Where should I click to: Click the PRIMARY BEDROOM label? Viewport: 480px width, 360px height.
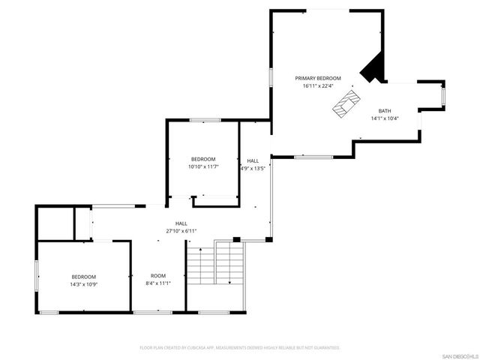coord(317,78)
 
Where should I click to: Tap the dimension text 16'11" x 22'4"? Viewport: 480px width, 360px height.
coord(317,85)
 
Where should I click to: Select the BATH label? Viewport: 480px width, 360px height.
coord(384,110)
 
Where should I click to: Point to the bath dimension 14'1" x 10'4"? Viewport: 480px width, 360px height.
coord(384,118)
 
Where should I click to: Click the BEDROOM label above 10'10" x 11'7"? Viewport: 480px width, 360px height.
coord(203,159)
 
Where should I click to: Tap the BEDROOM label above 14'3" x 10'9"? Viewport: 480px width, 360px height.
coord(83,276)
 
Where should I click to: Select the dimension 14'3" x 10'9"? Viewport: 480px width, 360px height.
coord(83,283)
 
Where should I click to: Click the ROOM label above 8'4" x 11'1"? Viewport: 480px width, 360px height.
coord(157,276)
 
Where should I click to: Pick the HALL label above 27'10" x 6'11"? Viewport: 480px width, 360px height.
coord(181,223)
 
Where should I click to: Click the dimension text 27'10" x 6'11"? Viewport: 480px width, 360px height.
coord(181,231)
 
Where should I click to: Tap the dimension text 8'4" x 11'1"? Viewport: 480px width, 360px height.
coord(157,283)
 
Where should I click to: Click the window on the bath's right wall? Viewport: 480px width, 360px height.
coord(443,95)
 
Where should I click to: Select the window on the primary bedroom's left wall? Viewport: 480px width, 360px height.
coord(271,77)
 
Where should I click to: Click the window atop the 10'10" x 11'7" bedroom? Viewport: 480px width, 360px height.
coord(204,120)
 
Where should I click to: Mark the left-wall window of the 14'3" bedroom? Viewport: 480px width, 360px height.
coord(37,274)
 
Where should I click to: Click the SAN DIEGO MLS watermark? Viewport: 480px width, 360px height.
coord(459,355)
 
